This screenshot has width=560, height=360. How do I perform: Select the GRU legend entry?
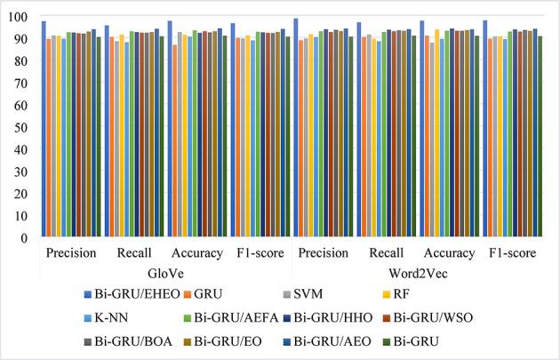253,293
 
